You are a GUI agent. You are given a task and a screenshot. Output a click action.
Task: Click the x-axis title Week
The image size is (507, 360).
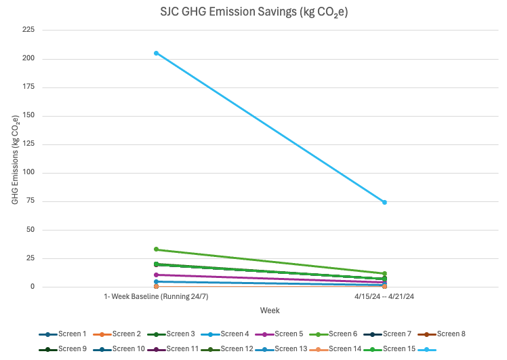(270, 310)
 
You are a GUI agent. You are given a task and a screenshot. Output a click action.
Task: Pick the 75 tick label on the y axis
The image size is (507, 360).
(30, 201)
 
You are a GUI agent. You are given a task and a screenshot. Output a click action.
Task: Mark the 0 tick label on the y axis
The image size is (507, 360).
(33, 287)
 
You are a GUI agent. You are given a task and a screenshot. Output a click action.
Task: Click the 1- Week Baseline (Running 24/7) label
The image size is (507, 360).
(156, 297)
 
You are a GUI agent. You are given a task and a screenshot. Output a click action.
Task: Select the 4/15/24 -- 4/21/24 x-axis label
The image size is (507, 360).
(384, 297)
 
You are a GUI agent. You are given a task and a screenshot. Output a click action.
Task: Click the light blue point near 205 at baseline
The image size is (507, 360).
(156, 53)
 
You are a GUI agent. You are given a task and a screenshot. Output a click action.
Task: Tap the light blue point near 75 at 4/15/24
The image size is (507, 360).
(384, 202)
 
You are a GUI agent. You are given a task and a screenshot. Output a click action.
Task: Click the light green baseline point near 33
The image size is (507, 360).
(156, 249)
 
